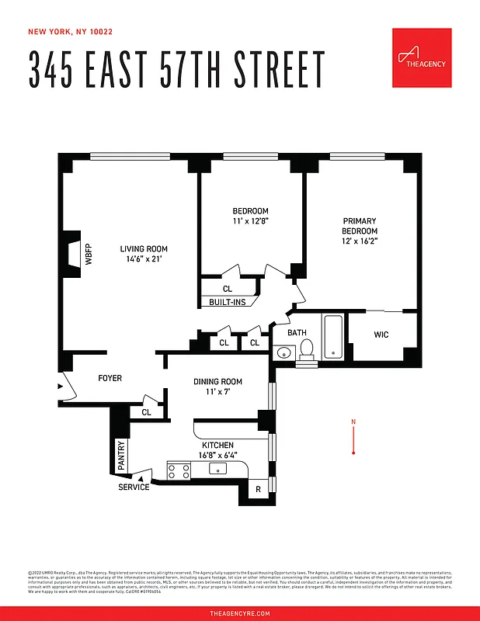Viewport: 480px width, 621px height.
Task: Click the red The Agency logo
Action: (x=422, y=58)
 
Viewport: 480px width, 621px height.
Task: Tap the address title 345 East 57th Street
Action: (x=176, y=70)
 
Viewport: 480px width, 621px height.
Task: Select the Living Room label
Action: (x=144, y=249)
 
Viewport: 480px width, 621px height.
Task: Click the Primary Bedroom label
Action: (x=360, y=225)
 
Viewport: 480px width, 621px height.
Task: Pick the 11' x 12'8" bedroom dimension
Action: (x=251, y=221)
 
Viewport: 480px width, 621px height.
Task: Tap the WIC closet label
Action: (x=381, y=335)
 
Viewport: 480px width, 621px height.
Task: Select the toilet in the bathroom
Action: (x=306, y=349)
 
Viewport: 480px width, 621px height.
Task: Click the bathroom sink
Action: (x=282, y=354)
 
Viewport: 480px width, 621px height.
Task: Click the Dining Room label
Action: (x=217, y=381)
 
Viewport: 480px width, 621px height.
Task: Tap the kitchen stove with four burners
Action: (x=179, y=470)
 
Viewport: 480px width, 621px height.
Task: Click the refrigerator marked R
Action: (x=258, y=490)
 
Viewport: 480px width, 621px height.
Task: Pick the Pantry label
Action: (x=120, y=456)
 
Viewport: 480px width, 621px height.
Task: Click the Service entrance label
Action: (x=134, y=487)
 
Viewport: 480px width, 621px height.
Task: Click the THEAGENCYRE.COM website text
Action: (x=240, y=613)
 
